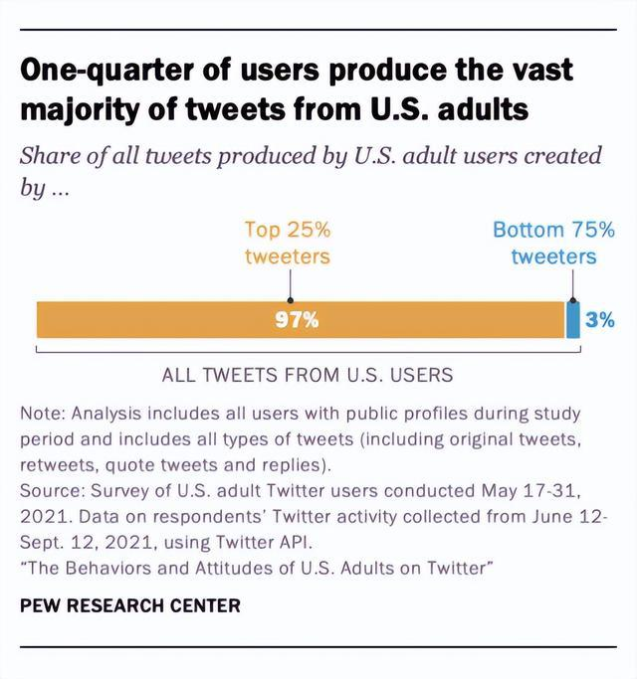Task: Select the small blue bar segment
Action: click(572, 320)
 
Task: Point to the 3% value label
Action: click(599, 320)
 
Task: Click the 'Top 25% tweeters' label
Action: click(288, 243)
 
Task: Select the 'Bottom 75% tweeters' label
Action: click(553, 243)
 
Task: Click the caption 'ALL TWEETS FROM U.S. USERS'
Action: click(308, 375)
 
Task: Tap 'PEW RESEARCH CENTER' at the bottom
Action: click(129, 604)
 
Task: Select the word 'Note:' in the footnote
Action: click(44, 413)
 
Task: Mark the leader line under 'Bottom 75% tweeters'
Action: click(572, 288)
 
